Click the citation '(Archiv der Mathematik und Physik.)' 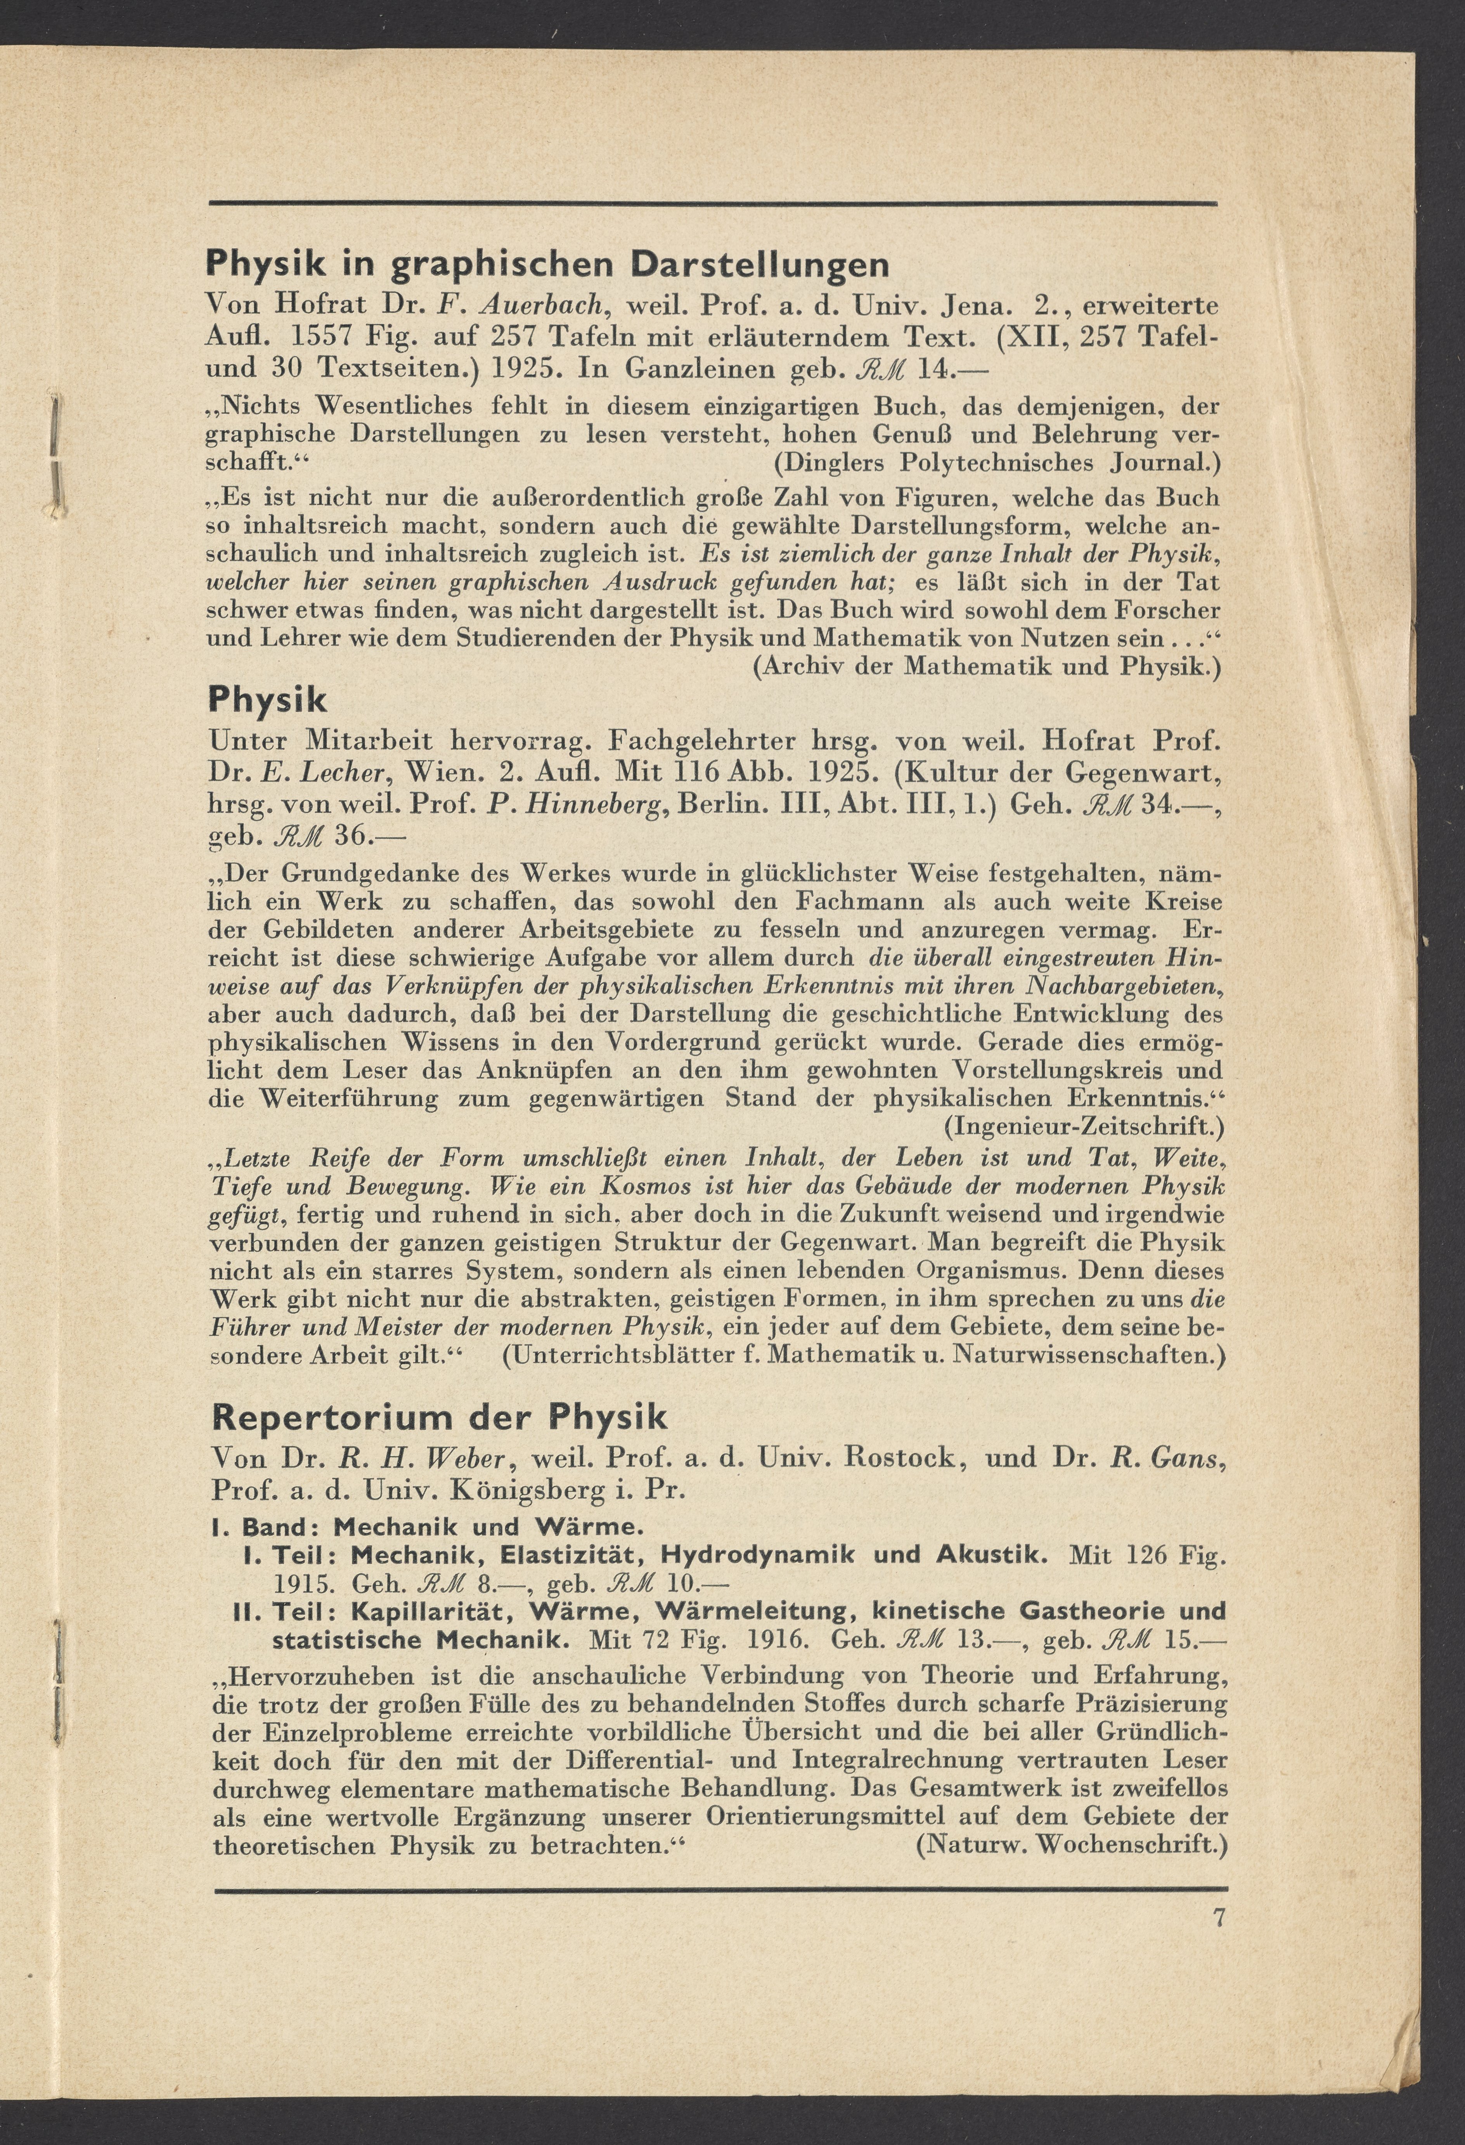coord(987,666)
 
